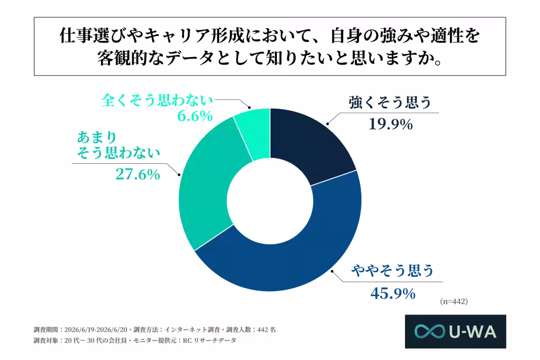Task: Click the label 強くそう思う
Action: point(390,102)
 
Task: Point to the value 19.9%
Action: point(391,125)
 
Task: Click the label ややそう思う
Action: point(392,270)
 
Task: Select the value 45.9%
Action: point(393,293)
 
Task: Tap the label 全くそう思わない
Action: point(157,100)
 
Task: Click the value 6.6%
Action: point(195,116)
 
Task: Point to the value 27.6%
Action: point(138,174)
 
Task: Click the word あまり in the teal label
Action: point(97,137)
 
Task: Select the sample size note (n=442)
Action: point(454,301)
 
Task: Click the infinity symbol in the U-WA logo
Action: point(429,331)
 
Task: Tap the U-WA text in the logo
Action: point(472,332)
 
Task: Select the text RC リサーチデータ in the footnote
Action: point(209,341)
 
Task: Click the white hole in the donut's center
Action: point(270,201)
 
